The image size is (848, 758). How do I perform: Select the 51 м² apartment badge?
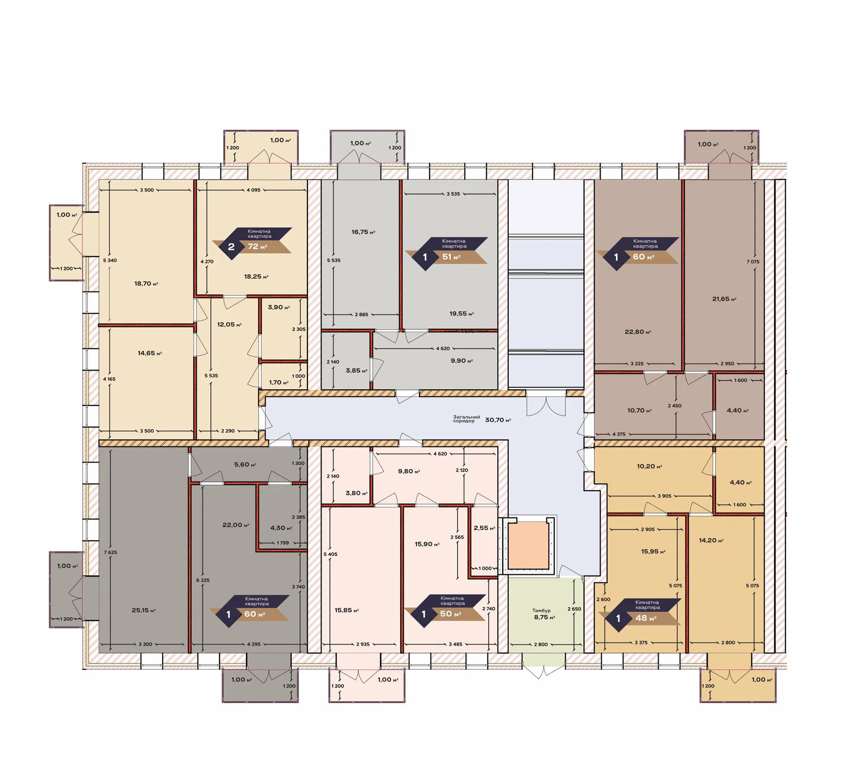[x=447, y=253]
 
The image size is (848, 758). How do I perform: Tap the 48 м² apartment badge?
[x=640, y=614]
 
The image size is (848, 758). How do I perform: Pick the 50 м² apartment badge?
[x=445, y=610]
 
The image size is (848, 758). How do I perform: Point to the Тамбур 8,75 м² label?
[x=544, y=614]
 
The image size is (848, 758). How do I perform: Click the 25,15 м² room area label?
[x=144, y=610]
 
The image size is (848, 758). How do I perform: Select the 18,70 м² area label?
[x=146, y=284]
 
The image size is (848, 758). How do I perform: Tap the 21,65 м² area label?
[x=724, y=299]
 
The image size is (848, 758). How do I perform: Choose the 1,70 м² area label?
[x=279, y=383]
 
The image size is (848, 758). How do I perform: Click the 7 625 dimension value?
[x=111, y=552]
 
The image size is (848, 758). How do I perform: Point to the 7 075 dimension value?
[x=753, y=262]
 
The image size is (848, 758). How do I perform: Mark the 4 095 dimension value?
[x=253, y=190]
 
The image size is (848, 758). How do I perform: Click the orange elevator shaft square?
[x=528, y=545]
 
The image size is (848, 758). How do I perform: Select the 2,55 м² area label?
[x=484, y=528]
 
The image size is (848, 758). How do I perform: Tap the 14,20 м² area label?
[x=711, y=541]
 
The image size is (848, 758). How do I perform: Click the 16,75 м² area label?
[x=363, y=232]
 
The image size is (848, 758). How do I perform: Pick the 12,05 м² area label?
[x=229, y=325]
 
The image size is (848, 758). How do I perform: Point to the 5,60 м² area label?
[x=245, y=465]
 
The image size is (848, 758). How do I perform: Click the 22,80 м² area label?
[x=638, y=332]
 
